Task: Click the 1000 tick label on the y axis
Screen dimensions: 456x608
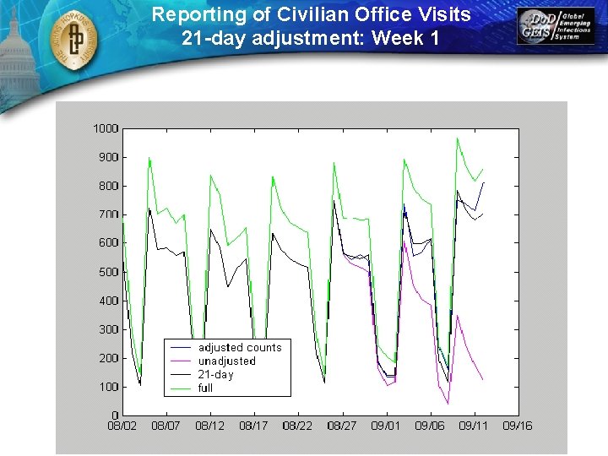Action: pyautogui.click(x=105, y=128)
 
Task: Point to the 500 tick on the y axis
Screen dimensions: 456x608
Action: pyautogui.click(x=107, y=272)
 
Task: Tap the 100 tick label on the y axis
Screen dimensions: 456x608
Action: pyautogui.click(x=107, y=387)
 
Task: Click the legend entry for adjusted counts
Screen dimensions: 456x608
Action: pyautogui.click(x=240, y=347)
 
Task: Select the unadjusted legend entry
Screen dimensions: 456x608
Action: pyautogui.click(x=226, y=361)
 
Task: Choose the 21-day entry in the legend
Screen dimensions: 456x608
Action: pyautogui.click(x=215, y=374)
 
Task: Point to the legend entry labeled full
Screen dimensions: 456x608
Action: pyautogui.click(x=205, y=388)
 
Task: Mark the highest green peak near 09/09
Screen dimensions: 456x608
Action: pyautogui.click(x=457, y=138)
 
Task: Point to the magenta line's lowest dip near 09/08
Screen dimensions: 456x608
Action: pyautogui.click(x=448, y=404)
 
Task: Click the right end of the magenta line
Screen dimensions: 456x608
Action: pyautogui.click(x=483, y=380)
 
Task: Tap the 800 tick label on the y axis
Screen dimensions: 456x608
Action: pyautogui.click(x=107, y=186)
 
